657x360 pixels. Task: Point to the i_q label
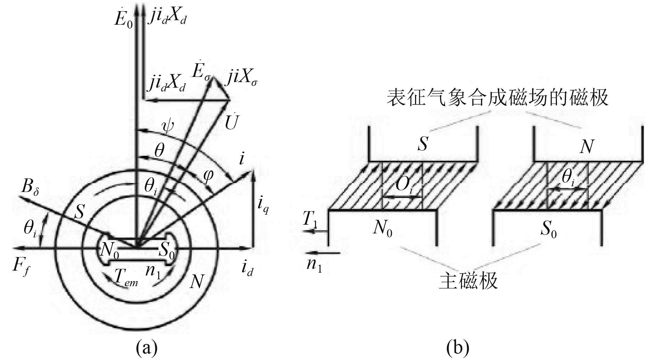(x=263, y=206)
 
